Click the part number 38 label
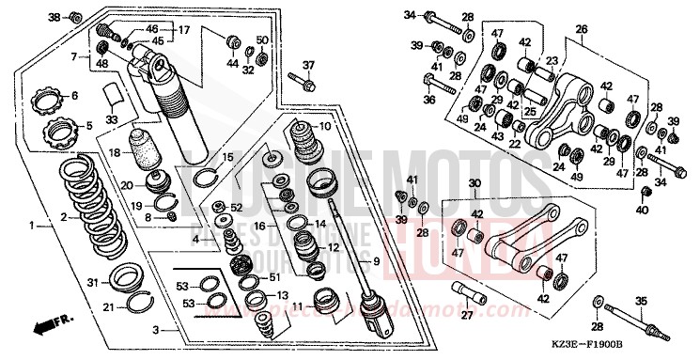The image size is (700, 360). pos(53,18)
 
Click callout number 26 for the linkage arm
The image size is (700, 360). pos(582,30)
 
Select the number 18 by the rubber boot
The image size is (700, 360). pos(113,151)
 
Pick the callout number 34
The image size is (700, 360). pos(409,15)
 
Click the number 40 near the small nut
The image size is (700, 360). pos(643,211)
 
